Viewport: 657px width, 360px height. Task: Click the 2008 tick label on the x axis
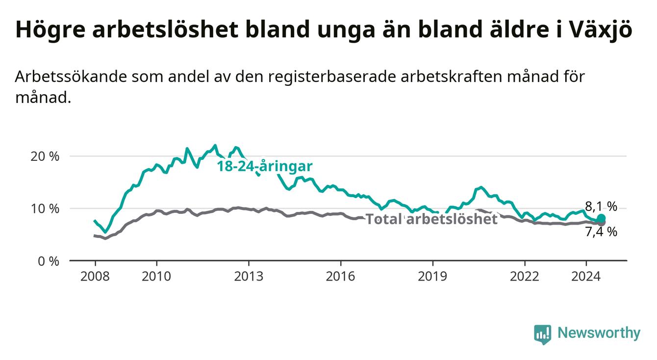(x=95, y=277)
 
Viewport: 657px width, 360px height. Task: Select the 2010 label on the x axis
(x=156, y=277)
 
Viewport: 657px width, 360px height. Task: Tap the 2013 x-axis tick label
(x=249, y=277)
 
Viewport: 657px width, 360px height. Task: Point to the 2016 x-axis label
(x=341, y=277)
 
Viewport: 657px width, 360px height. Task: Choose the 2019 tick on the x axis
(x=432, y=277)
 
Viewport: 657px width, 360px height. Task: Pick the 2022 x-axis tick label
(x=525, y=277)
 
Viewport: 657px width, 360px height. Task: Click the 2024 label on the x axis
(x=586, y=277)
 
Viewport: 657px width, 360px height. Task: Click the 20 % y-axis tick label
(x=45, y=156)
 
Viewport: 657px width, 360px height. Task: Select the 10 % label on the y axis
(x=45, y=209)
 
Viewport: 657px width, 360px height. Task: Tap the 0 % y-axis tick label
(x=49, y=261)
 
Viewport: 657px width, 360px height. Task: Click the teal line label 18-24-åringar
(x=265, y=166)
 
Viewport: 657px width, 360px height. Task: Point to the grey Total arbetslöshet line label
(x=432, y=219)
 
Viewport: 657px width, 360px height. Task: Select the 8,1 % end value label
(x=601, y=206)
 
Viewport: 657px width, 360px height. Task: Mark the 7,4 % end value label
(x=601, y=232)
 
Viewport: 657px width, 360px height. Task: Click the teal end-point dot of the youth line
(x=601, y=218)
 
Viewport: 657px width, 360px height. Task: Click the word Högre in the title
(x=51, y=29)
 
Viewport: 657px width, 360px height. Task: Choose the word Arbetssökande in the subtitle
(x=71, y=77)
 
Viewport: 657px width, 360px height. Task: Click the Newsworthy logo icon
(x=543, y=334)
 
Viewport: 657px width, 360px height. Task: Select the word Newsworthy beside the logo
(x=599, y=333)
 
